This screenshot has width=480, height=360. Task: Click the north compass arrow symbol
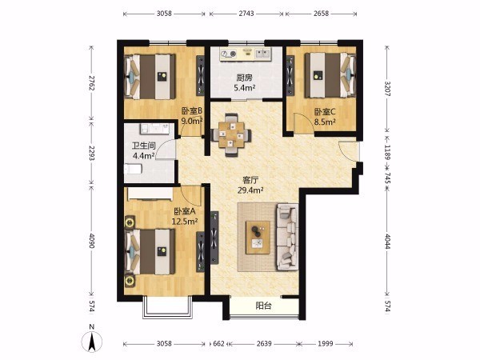pyautogui.click(x=91, y=342)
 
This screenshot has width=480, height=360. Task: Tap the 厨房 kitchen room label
pyautogui.click(x=244, y=78)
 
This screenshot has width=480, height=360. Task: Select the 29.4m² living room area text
pyautogui.click(x=250, y=190)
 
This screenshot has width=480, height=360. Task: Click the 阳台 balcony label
pyautogui.click(x=263, y=306)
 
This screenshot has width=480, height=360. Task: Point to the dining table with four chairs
pyautogui.click(x=231, y=134)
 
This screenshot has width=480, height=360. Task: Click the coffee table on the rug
pyautogui.click(x=258, y=238)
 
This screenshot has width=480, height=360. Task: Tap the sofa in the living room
pyautogui.click(x=287, y=237)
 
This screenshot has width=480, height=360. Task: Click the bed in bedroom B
pyautogui.click(x=150, y=77)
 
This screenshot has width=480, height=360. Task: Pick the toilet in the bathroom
pyautogui.click(x=133, y=169)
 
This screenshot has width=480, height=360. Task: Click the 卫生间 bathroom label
pyautogui.click(x=144, y=146)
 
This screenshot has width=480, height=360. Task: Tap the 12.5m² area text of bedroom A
pyautogui.click(x=184, y=222)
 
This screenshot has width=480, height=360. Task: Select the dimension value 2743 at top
pyautogui.click(x=246, y=14)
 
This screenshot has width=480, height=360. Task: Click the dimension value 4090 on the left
pyautogui.click(x=91, y=242)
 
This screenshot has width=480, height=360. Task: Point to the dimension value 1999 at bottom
pyautogui.click(x=325, y=344)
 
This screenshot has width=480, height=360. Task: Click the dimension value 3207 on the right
pyautogui.click(x=387, y=89)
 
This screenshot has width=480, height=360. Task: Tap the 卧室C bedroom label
pyautogui.click(x=325, y=112)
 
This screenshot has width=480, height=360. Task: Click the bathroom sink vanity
pyautogui.click(x=155, y=129)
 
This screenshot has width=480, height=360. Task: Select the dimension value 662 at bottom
pyautogui.click(x=218, y=344)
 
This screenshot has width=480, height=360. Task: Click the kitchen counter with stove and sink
pyautogui.click(x=246, y=54)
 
